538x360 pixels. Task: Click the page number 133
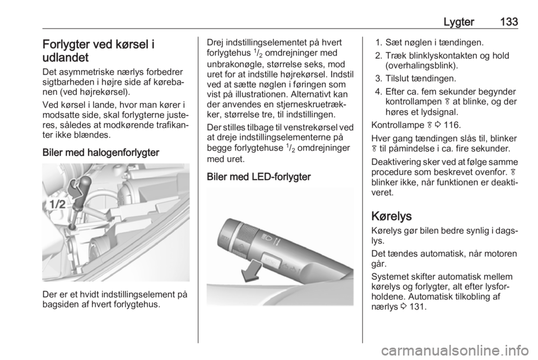[x=509, y=22]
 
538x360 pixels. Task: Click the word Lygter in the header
[x=459, y=22]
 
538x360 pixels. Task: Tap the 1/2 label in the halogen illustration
[x=57, y=205]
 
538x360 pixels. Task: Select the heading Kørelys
[x=392, y=216]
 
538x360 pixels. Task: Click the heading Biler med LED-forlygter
[x=259, y=177]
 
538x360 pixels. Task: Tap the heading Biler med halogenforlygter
[x=101, y=153]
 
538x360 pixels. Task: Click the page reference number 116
[x=452, y=125]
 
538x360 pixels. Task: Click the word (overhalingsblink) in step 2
[x=421, y=66]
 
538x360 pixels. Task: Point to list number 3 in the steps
[x=378, y=79]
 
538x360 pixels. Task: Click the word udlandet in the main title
[x=66, y=57]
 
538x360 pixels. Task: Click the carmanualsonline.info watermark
[x=455, y=350]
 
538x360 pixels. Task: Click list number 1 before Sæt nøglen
[x=378, y=43]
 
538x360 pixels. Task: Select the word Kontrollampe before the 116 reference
[x=398, y=125]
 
